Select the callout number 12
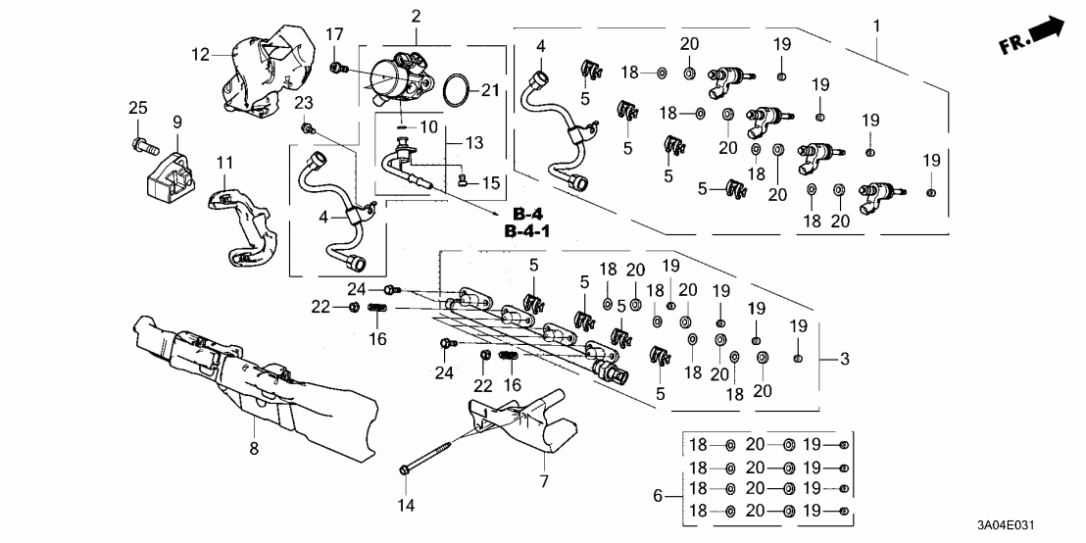201,55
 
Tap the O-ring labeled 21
452,90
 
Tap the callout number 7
544,481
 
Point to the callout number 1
877,23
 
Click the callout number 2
417,16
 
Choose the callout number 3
844,360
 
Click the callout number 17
335,35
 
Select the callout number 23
303,103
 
